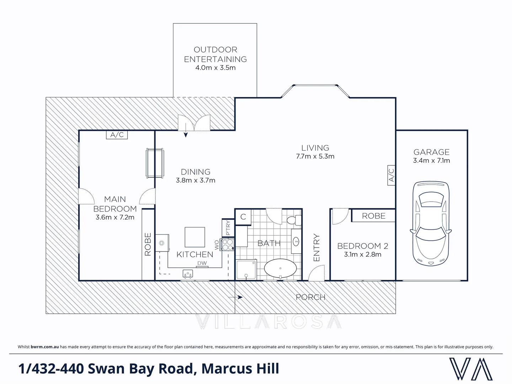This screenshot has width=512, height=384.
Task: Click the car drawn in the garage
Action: [431, 223]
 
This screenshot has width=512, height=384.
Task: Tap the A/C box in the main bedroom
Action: [117, 135]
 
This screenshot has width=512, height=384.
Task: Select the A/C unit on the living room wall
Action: [391, 175]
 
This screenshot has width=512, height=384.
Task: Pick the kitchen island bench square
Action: [195, 237]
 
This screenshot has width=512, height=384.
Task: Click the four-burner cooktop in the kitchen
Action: [227, 244]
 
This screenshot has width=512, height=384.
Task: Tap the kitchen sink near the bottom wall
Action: [188, 274]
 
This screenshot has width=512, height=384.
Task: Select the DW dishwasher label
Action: [202, 263]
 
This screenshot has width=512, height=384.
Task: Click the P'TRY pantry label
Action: [228, 228]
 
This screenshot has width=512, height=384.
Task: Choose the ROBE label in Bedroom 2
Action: [373, 216]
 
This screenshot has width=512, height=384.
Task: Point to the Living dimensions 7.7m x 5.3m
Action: [315, 156]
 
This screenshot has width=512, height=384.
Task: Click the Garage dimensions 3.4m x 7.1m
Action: [431, 161]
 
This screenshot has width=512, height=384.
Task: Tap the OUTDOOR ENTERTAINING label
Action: [215, 54]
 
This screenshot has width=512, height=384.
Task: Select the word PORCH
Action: [310, 297]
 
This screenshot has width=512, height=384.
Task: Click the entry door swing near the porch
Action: [316, 274]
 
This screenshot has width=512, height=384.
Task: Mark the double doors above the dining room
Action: [194, 123]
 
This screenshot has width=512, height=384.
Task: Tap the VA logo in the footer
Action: [471, 369]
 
